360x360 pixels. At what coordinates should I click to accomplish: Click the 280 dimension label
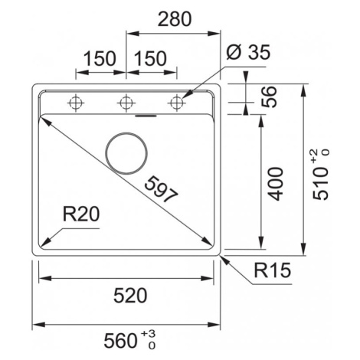175,19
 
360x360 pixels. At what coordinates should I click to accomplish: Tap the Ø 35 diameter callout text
248,52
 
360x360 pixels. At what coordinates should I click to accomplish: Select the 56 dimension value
269,97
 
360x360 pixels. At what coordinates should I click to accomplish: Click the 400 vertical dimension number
276,184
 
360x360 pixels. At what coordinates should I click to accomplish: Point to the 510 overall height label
321,184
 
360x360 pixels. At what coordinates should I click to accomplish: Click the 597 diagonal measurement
161,189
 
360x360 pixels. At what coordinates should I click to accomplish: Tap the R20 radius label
81,214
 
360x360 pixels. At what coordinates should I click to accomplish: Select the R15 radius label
273,270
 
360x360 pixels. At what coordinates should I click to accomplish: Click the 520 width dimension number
130,296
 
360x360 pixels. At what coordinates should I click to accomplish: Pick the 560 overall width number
120,341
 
